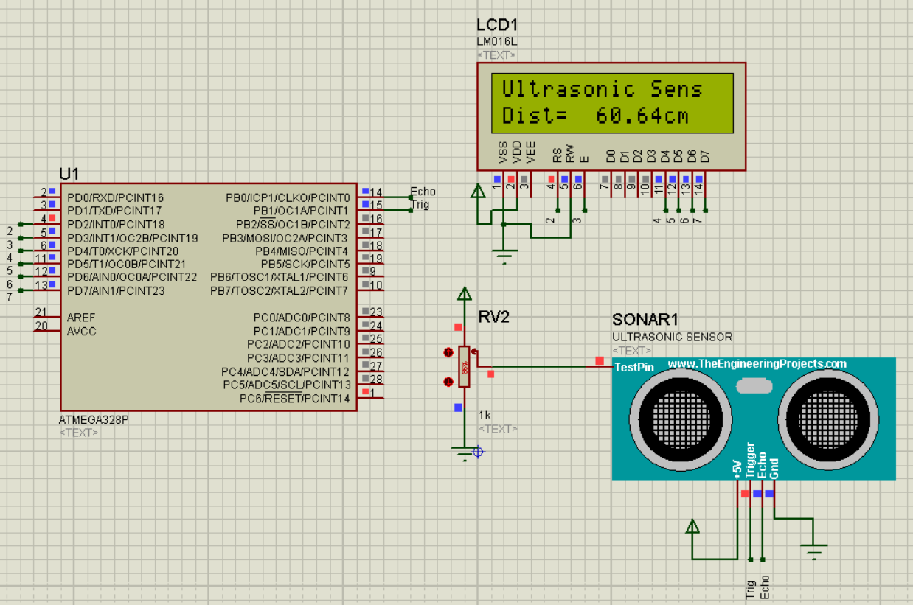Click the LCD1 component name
click(x=497, y=24)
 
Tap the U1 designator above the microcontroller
click(x=69, y=174)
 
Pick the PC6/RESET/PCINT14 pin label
click(x=295, y=399)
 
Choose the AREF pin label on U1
click(x=82, y=317)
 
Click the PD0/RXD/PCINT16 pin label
click(x=115, y=197)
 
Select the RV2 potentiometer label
click(x=493, y=318)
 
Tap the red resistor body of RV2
click(x=464, y=366)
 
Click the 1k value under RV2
click(x=485, y=415)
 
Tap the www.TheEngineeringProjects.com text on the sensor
click(x=757, y=363)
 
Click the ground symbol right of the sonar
click(x=814, y=550)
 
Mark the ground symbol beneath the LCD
click(x=504, y=258)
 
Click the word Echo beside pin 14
click(x=423, y=192)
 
